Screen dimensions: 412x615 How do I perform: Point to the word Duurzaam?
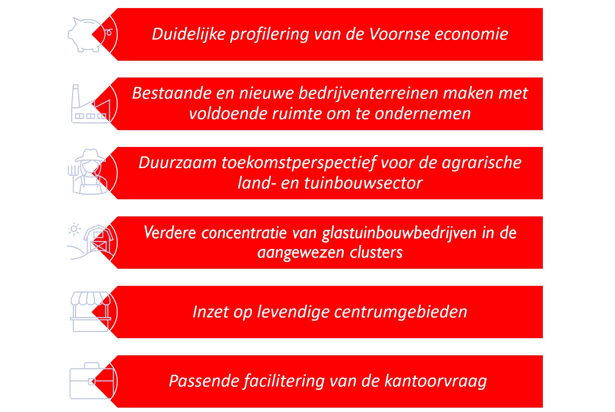177,163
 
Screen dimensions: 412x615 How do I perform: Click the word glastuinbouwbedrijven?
399,233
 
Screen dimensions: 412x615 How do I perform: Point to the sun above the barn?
74,229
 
